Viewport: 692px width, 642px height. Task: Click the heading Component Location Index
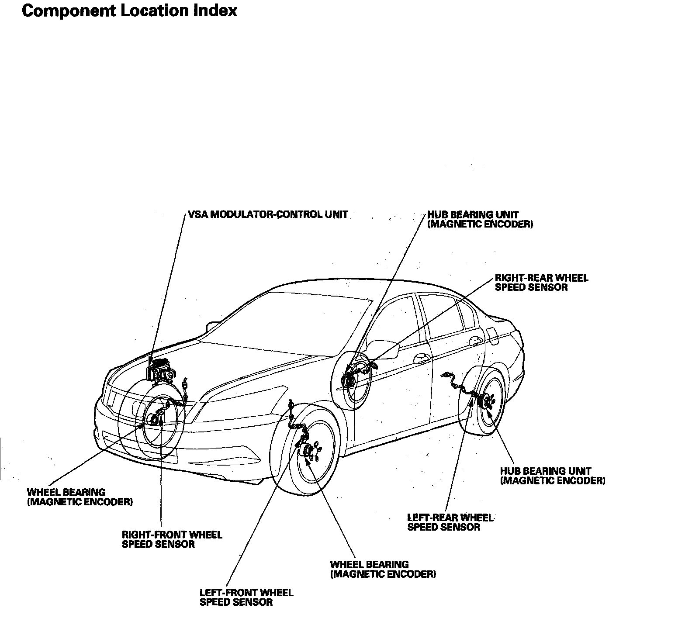click(x=129, y=11)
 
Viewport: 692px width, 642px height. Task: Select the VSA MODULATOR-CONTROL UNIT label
click(x=268, y=214)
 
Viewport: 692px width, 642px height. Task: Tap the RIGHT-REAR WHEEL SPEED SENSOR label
click(x=541, y=283)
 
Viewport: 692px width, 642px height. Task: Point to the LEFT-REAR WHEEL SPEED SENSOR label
click(x=450, y=522)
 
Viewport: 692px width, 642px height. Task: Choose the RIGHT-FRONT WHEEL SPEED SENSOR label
click(x=172, y=539)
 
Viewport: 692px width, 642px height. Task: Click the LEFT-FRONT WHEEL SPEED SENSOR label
click(x=246, y=597)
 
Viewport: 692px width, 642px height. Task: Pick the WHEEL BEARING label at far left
click(x=80, y=497)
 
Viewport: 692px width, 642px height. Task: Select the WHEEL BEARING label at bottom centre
click(x=383, y=569)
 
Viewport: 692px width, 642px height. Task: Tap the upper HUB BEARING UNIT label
click(x=480, y=219)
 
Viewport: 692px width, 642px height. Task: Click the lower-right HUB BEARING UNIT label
click(x=553, y=476)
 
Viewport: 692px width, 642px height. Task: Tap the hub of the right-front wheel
click(x=154, y=420)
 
